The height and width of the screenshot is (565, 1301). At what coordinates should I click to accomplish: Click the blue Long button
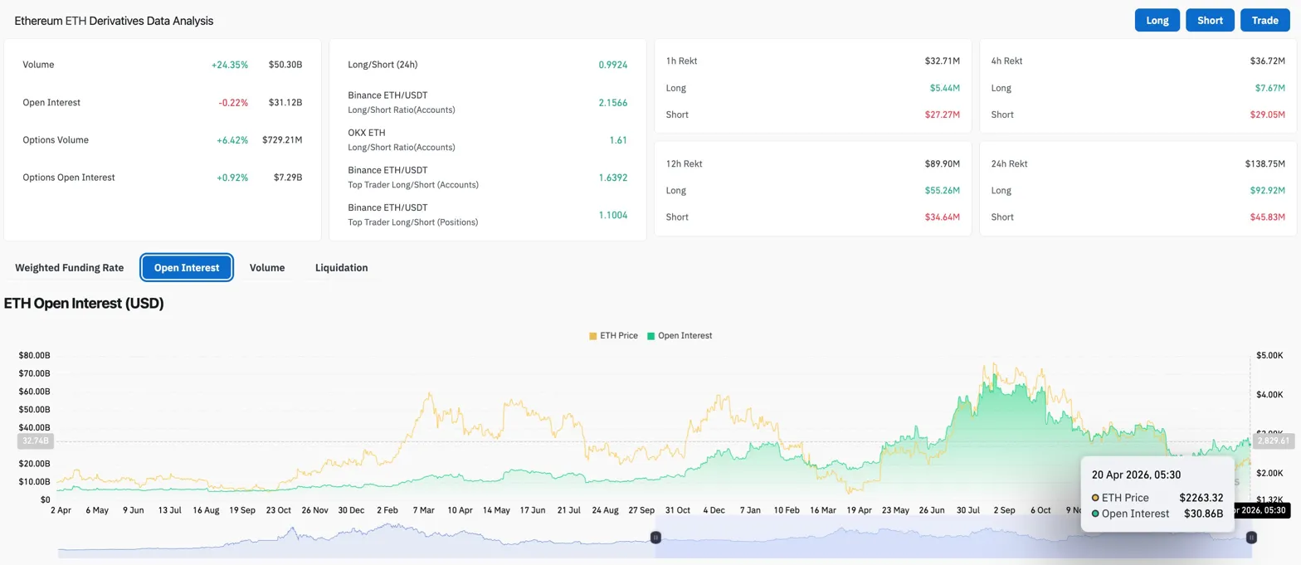pyautogui.click(x=1157, y=21)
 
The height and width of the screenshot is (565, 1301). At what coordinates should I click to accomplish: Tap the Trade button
pyautogui.click(x=1264, y=21)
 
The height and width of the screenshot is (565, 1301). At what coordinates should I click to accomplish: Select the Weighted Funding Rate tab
pyautogui.click(x=70, y=268)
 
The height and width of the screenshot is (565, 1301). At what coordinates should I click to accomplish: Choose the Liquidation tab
pyautogui.click(x=341, y=268)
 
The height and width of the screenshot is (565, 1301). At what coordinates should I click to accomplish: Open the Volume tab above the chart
pyautogui.click(x=267, y=268)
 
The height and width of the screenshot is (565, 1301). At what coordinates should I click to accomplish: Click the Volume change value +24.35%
pyautogui.click(x=229, y=65)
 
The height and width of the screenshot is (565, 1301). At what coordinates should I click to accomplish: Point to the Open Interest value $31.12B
pyautogui.click(x=285, y=103)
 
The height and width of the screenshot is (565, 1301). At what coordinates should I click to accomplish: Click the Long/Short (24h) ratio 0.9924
pyautogui.click(x=612, y=65)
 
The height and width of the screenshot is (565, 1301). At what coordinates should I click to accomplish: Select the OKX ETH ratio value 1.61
pyautogui.click(x=618, y=140)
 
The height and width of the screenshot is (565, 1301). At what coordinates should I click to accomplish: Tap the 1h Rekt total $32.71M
pyautogui.click(x=942, y=61)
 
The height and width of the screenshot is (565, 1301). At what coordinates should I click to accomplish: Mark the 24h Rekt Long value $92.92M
pyautogui.click(x=1267, y=191)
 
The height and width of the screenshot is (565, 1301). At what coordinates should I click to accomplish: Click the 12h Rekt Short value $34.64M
pyautogui.click(x=942, y=217)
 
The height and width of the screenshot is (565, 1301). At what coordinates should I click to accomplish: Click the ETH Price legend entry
pyautogui.click(x=614, y=336)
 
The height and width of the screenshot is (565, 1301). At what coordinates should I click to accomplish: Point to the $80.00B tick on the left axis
pyautogui.click(x=34, y=355)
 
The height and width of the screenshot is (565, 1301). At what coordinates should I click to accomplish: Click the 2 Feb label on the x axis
pyautogui.click(x=387, y=510)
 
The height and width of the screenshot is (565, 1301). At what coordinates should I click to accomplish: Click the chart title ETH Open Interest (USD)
pyautogui.click(x=84, y=304)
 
